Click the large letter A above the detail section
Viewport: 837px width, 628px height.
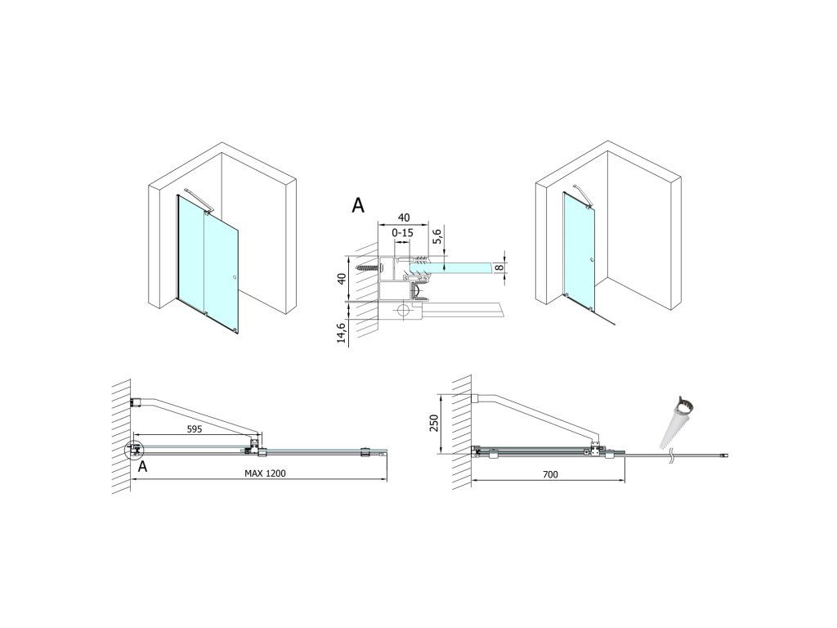click(x=358, y=205)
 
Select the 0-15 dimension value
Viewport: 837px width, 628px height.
click(x=402, y=234)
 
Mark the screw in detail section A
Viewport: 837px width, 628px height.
click(x=370, y=266)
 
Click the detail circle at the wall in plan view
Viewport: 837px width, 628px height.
click(x=132, y=451)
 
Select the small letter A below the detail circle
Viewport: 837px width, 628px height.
click(x=143, y=467)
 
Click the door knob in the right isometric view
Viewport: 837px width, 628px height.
click(x=590, y=262)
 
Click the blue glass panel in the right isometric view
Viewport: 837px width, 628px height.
click(x=579, y=245)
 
